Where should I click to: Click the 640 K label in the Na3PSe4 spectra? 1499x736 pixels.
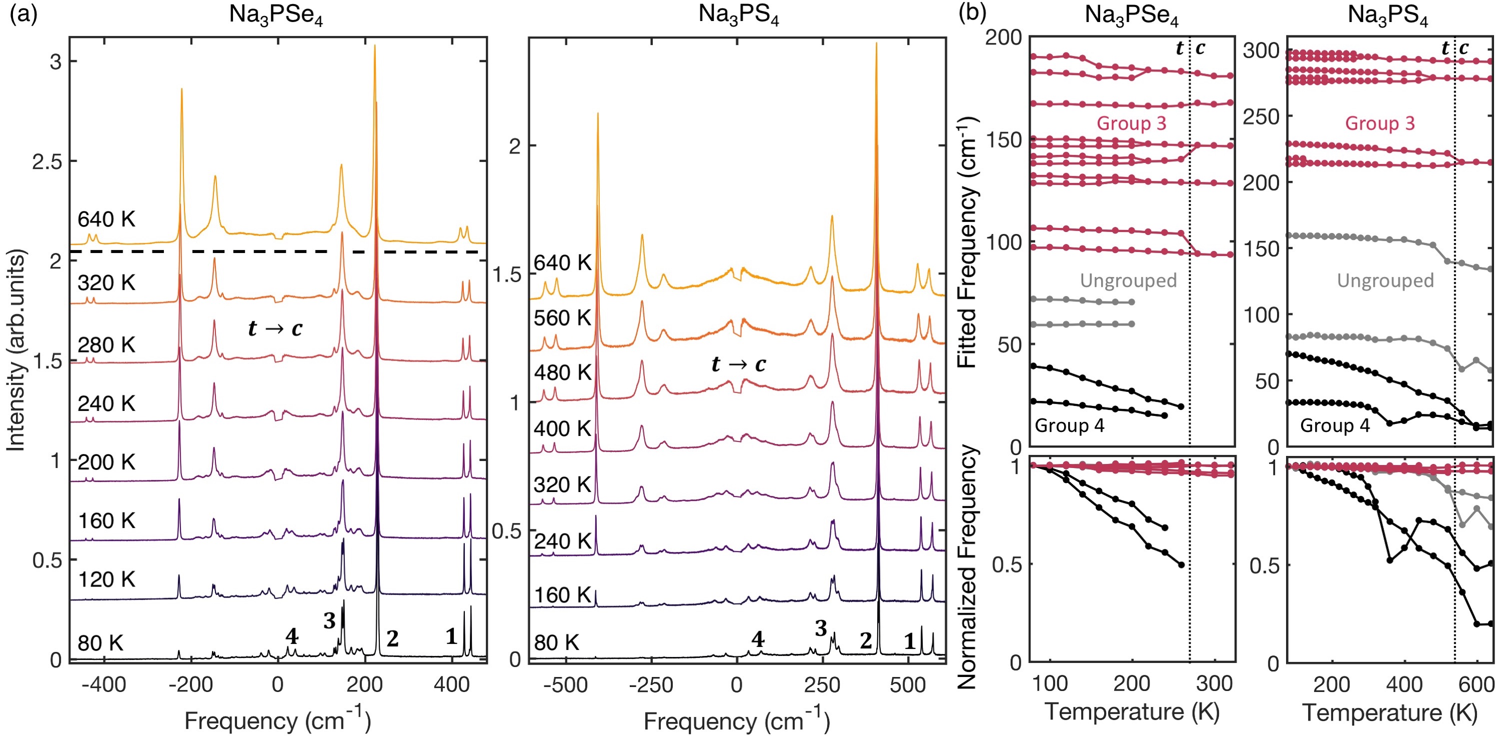click(x=106, y=219)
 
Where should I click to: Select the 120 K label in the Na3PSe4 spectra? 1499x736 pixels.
click(x=106, y=579)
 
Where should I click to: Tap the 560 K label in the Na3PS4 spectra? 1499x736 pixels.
click(x=562, y=318)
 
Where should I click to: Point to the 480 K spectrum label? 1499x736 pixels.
click(x=562, y=372)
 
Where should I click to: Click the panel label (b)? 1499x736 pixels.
click(x=972, y=13)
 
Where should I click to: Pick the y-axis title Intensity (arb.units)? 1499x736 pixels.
click(x=16, y=349)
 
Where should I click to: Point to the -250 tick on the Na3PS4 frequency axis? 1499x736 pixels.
click(x=651, y=685)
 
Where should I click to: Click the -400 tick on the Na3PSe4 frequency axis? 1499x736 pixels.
click(x=103, y=685)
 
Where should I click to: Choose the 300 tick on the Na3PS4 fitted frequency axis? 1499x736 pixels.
click(x=1262, y=50)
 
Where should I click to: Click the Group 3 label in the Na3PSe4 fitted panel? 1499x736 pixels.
click(x=1131, y=123)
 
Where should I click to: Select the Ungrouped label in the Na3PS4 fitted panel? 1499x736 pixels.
click(x=1385, y=280)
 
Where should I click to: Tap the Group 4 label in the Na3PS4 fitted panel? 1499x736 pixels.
click(x=1335, y=425)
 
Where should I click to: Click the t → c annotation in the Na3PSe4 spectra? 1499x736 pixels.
click(x=275, y=328)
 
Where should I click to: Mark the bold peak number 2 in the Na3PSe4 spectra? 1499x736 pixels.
click(x=393, y=639)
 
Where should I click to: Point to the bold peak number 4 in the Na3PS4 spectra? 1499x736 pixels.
click(x=757, y=639)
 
